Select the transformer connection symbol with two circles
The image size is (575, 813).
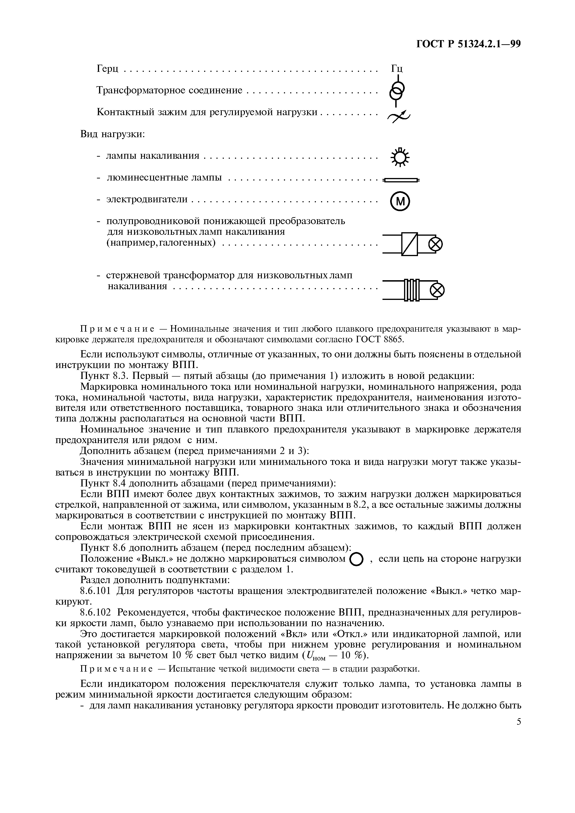click(396, 91)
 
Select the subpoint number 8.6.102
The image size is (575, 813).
click(96, 613)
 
